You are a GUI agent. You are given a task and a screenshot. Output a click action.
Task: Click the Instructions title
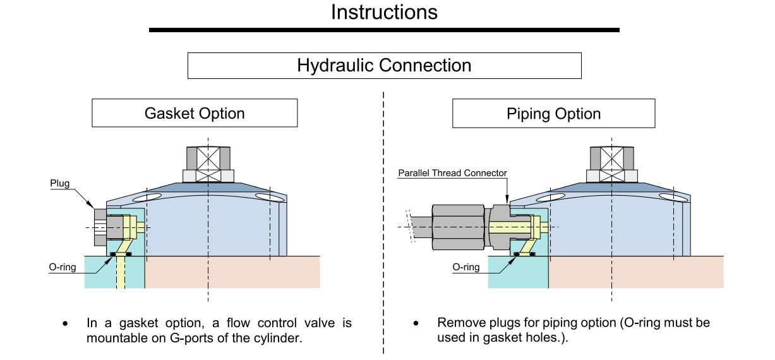point(384,12)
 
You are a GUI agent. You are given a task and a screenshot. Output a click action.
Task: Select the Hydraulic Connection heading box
point(384,66)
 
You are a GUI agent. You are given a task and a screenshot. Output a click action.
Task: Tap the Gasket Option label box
point(195,114)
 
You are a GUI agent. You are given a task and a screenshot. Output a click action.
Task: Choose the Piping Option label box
point(553,114)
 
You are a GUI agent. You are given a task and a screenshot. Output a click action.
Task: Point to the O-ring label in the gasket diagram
point(63,267)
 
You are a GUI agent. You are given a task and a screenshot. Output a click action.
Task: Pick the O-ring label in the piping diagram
point(466,267)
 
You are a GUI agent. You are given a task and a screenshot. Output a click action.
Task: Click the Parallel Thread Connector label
point(452,173)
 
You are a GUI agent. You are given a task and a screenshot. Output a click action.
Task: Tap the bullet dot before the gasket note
point(65,324)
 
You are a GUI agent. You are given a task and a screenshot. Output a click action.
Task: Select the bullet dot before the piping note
point(416,324)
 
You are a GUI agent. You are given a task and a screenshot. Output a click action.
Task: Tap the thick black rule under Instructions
point(384,30)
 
